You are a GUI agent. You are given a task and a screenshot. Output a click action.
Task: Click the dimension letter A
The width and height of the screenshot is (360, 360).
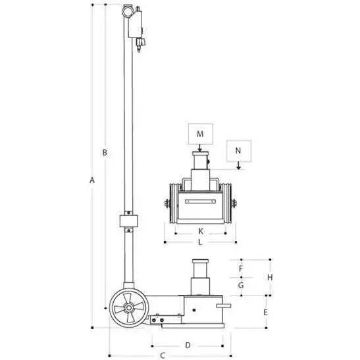93,179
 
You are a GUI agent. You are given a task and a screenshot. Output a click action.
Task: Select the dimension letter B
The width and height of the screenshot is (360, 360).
103,153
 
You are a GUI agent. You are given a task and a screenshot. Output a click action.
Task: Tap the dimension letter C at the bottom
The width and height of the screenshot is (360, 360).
163,355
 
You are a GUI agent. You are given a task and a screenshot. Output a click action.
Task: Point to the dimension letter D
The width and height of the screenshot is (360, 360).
187,345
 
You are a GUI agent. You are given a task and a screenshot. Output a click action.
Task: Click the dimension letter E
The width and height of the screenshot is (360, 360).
265,311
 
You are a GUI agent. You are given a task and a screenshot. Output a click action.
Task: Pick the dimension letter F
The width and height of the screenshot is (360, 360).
241,269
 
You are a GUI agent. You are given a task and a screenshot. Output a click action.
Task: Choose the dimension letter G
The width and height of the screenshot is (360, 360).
241,286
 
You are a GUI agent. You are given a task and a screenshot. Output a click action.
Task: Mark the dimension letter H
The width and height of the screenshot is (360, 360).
270,277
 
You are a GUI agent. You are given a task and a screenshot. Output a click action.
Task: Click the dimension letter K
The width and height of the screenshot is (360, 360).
200,232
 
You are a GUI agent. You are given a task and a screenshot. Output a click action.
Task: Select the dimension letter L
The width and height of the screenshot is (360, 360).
200,242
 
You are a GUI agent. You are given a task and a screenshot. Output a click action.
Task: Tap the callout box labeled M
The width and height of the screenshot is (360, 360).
200,134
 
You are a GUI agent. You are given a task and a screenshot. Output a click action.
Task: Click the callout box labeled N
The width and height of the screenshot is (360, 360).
238,151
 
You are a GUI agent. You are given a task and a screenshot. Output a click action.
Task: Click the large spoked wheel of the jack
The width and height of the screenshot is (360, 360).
126,309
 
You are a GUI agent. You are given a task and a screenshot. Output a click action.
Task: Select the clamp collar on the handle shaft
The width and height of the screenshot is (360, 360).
127,220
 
